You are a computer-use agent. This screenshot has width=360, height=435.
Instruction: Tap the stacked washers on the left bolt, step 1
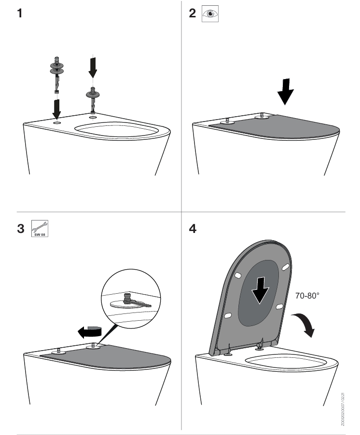(x=56, y=68)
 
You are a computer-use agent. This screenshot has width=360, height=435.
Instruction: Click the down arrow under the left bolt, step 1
(x=57, y=108)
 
